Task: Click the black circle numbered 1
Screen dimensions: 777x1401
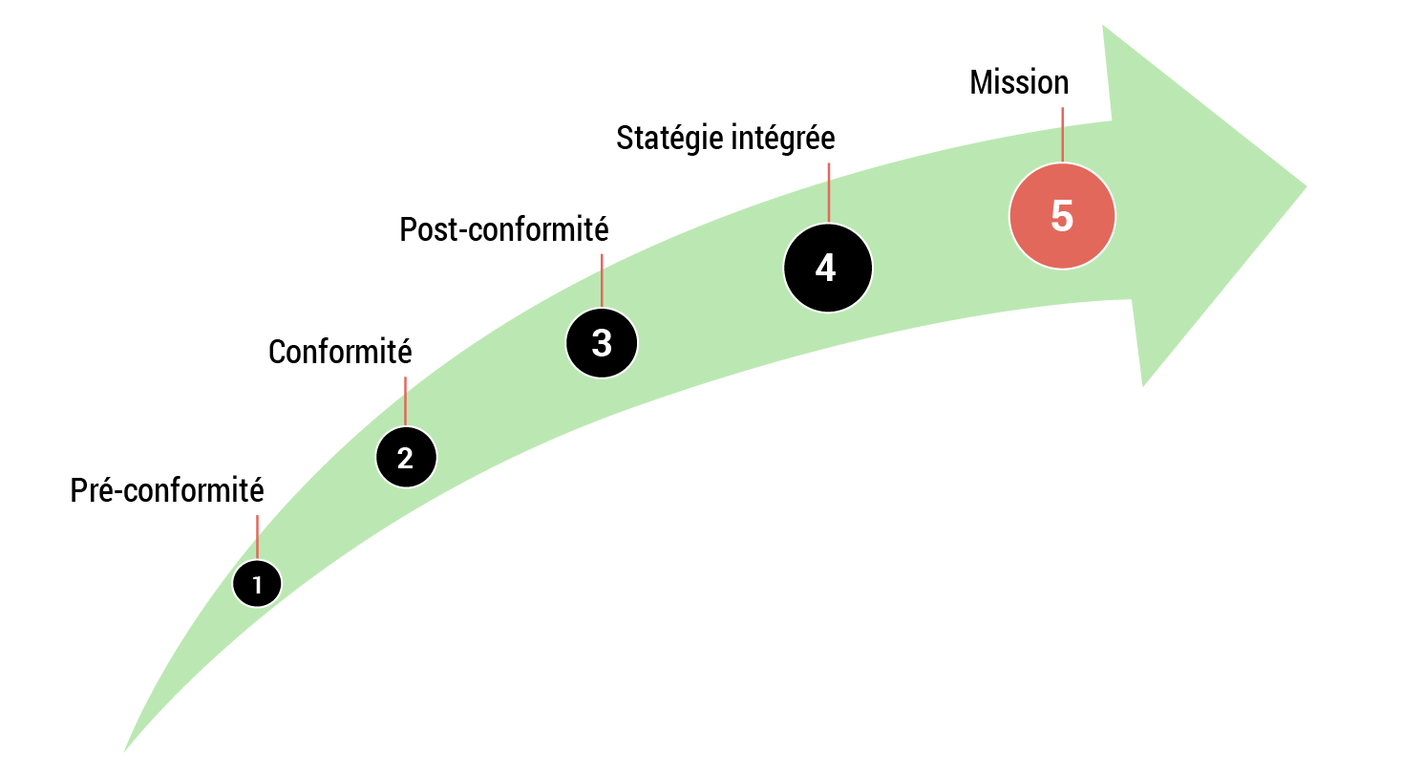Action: pos(257,583)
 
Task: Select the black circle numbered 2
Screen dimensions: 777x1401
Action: pos(406,457)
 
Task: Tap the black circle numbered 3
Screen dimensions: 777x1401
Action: pos(602,342)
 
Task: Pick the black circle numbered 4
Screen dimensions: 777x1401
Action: pos(827,268)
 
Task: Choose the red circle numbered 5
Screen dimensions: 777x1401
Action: pos(1062,216)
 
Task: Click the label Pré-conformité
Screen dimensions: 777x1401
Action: pos(167,490)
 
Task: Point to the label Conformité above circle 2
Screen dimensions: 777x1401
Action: pos(340,352)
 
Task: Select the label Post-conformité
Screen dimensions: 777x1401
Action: pos(504,229)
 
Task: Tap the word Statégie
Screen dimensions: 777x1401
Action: pos(669,139)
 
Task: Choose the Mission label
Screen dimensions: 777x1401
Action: pos(1019,83)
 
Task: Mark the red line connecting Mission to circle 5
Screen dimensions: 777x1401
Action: pos(1062,134)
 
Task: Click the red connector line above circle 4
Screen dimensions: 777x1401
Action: pos(828,192)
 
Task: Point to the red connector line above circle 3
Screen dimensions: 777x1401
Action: pos(602,280)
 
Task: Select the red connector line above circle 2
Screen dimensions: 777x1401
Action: pos(405,400)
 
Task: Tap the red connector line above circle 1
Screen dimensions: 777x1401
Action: pos(257,536)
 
